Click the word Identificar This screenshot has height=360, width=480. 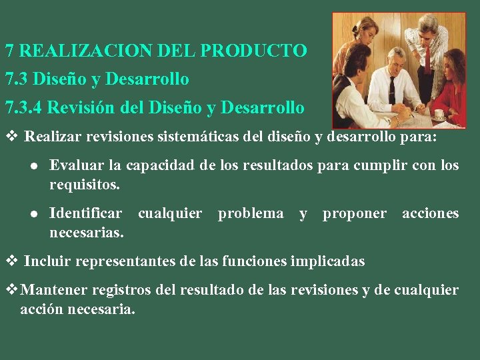click(x=86, y=213)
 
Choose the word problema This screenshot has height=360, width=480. click(x=251, y=213)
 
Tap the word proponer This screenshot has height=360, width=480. click(x=355, y=213)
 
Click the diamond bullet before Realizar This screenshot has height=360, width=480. click(x=10, y=137)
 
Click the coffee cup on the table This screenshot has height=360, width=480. click(x=437, y=115)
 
